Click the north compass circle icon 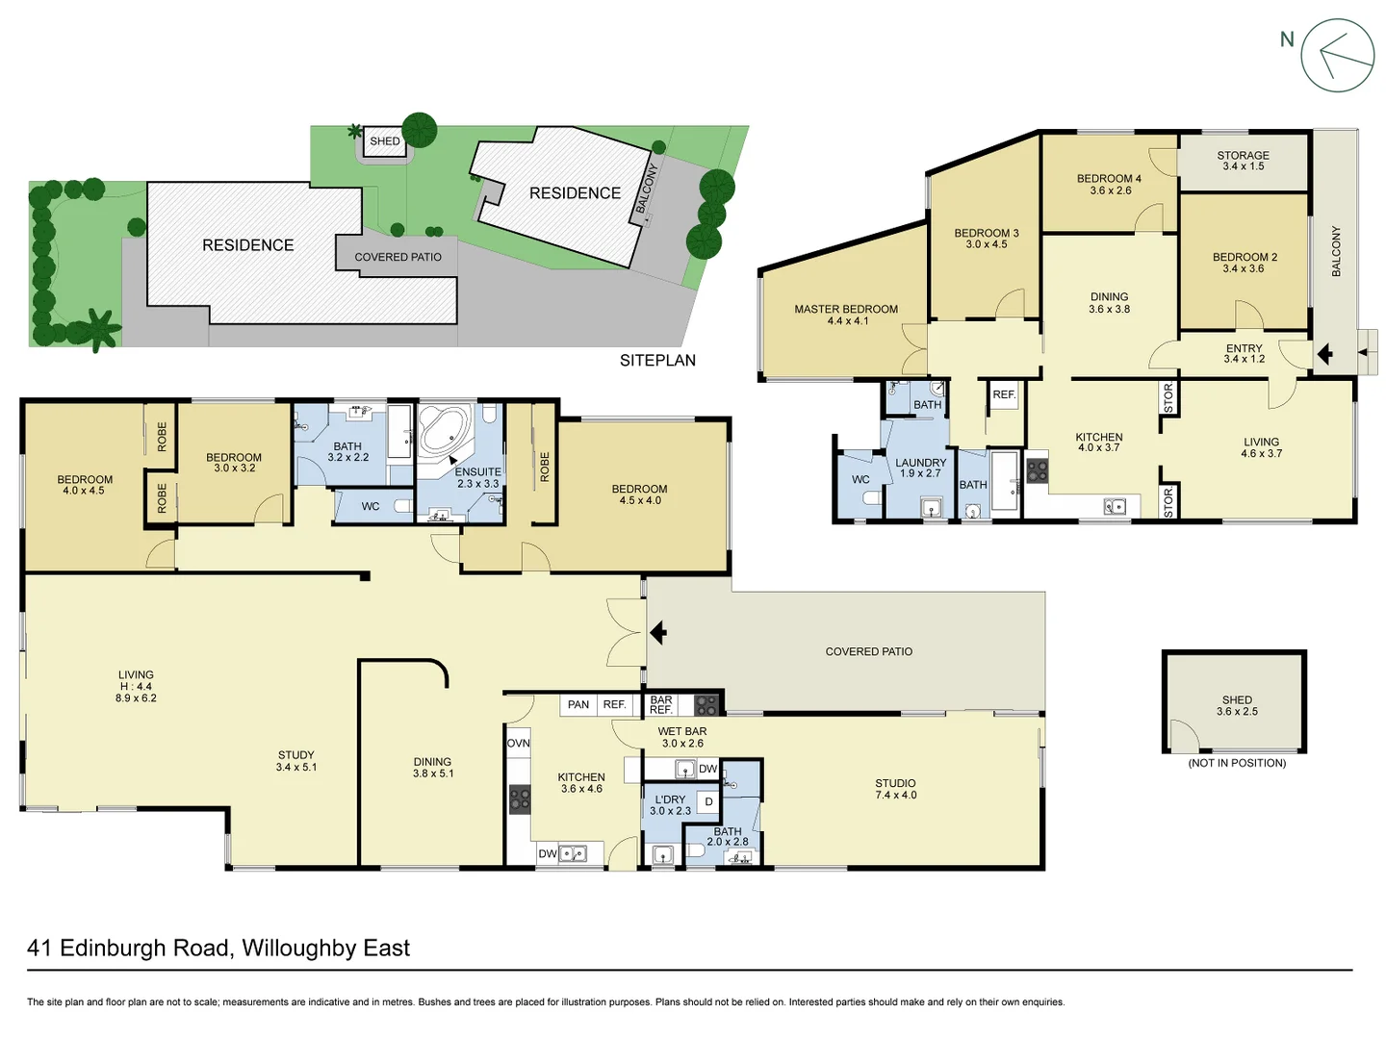click(1337, 56)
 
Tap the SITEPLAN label click(657, 361)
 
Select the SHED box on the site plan click(385, 141)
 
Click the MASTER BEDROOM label click(846, 315)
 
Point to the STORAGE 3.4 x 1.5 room click(1243, 161)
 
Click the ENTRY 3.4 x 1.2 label click(1244, 353)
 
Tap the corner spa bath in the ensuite click(444, 430)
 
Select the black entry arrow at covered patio click(658, 633)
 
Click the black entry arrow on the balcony click(1324, 354)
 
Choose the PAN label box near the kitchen click(578, 704)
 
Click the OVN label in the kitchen click(518, 743)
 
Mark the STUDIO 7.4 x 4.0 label click(895, 789)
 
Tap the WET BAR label click(682, 737)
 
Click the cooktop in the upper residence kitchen click(1037, 471)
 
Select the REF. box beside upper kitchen click(1004, 394)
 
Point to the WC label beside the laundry click(860, 479)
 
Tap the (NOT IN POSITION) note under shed click(1237, 763)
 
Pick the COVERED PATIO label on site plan click(398, 257)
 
